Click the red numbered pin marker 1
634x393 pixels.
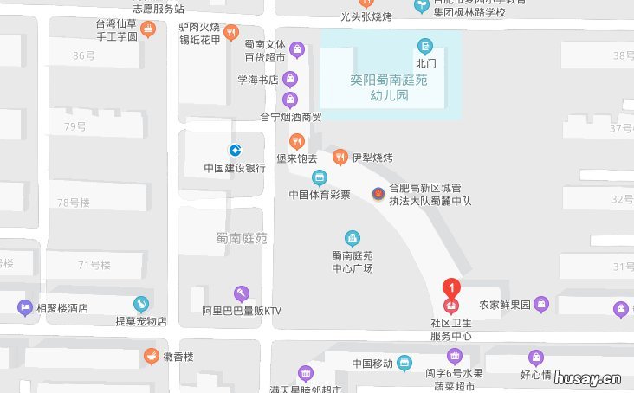point(451,288)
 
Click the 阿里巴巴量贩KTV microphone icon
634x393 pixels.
point(242,293)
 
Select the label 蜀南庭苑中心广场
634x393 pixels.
point(353,261)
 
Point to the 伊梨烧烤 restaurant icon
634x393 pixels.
point(340,158)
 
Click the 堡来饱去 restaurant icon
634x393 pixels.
point(297,141)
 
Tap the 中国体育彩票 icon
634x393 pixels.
point(320,178)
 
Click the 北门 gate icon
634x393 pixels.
point(425,46)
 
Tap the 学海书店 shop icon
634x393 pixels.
point(290,80)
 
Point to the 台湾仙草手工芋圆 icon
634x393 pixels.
point(148,30)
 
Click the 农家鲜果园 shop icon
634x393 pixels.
point(541,304)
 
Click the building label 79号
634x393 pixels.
point(75,127)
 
